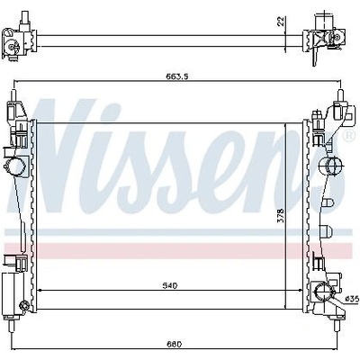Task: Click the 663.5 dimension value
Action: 176,76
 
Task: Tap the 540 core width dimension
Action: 170,285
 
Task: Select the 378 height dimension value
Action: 281,215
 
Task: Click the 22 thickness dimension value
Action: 281,22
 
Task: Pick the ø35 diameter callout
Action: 352,299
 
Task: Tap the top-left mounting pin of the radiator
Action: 13,95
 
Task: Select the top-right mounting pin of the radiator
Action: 340,95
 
